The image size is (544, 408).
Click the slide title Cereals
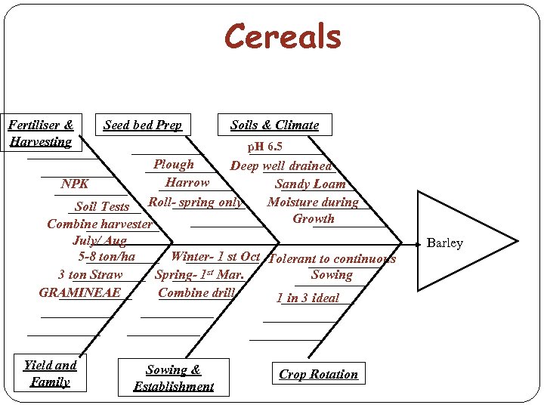coord(283,37)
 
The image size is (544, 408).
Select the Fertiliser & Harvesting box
coord(41,132)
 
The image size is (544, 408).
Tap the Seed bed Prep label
coord(143,125)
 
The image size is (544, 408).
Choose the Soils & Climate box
coord(275,125)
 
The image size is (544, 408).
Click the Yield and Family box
coord(50,373)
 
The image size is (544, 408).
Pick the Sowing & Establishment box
coord(174,378)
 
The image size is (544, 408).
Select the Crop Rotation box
coord(318,374)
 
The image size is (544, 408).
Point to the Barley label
coord(445,243)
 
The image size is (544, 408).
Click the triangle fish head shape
coord(461,241)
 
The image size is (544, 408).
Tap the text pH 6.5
coord(265,147)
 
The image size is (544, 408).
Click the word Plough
coord(174,165)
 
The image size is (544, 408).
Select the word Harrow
coord(187,182)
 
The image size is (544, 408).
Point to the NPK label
coord(76,184)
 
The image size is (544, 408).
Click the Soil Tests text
coord(103,206)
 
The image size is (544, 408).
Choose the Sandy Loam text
coord(310,184)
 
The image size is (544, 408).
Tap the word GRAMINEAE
coord(80,292)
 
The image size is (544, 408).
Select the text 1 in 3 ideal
coord(308,298)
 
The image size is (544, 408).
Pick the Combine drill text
coord(196,292)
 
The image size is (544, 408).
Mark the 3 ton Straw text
coord(91,275)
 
